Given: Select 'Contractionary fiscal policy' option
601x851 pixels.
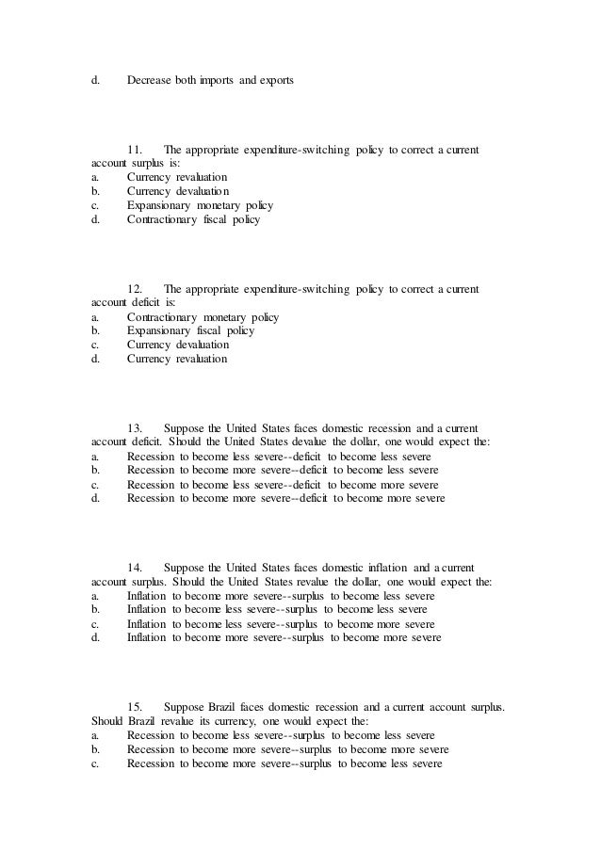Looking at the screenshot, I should [193, 219].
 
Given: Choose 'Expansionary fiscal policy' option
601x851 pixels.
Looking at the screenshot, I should [190, 331].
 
